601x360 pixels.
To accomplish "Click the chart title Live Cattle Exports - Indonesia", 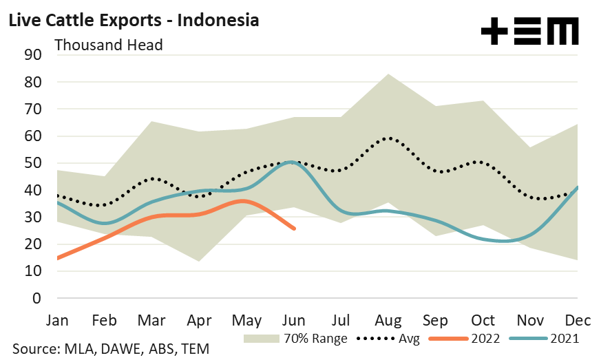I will pos(133,20).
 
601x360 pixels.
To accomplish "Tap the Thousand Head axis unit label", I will pos(108,45).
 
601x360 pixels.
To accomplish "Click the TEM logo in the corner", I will pos(529,32).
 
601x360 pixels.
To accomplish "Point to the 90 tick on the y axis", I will pos(33,55).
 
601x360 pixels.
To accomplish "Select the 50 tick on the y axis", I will pos(33,163).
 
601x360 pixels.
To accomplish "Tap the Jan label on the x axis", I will pos(56,321).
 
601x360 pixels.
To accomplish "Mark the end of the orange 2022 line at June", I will pos(295,229).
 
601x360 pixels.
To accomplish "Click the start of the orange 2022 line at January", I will pos(57,258).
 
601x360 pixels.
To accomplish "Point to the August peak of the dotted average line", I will pos(390,138).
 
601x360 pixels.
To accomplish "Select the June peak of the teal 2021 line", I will pos(292,162).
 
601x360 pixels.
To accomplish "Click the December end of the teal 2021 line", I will pos(577,187).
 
